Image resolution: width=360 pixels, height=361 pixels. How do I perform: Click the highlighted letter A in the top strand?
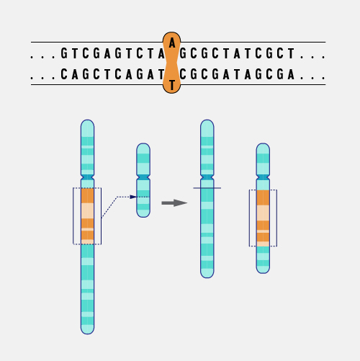[172, 43]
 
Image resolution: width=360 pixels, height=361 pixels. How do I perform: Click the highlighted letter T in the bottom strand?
[172, 85]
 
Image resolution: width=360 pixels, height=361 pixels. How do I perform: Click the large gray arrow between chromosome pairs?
[174, 203]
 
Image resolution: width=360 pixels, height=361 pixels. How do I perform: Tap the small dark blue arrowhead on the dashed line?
[133, 197]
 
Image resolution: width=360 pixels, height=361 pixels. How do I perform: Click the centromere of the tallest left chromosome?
[87, 177]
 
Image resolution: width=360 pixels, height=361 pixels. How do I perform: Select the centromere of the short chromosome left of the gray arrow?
[143, 177]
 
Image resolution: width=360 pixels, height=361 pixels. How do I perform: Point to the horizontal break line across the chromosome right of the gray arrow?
[207, 188]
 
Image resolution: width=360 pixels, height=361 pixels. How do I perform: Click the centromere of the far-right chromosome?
[263, 177]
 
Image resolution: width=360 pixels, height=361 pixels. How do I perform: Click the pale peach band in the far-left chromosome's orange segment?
[87, 210]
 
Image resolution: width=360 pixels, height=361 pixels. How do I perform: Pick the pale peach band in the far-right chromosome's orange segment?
[263, 213]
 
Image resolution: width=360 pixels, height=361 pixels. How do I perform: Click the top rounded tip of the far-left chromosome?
[87, 120]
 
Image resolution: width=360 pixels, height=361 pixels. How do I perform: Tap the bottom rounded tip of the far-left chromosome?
[87, 334]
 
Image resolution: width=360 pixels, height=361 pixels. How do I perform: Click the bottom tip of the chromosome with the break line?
[207, 277]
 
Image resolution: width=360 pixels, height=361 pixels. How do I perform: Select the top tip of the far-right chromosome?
[263, 144]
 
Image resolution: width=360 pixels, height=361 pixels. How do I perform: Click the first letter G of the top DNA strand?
[64, 53]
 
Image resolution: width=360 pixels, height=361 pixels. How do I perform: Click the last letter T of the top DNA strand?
[291, 53]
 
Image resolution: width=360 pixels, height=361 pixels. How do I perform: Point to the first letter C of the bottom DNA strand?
[64, 74]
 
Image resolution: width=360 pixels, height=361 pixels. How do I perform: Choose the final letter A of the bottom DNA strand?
[291, 74]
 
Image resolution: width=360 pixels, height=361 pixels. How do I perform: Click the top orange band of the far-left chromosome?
[87, 196]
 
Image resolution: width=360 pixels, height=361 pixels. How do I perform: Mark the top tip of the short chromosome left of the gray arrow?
[143, 144]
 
